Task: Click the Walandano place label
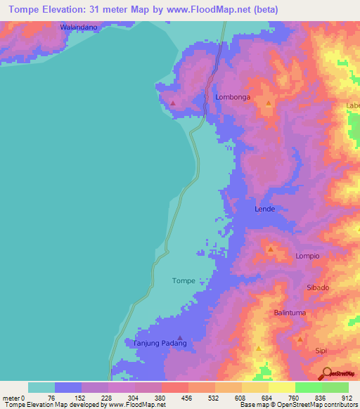[x=77, y=27]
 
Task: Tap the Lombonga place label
[x=232, y=98]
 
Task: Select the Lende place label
[x=264, y=209]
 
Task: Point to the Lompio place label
[x=307, y=256]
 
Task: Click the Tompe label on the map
[x=183, y=280]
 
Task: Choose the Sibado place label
[x=318, y=287]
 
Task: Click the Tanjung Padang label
[x=160, y=344]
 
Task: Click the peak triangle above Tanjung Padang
[x=180, y=337]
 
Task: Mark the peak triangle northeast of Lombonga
[x=268, y=103]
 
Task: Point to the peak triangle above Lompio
[x=270, y=249]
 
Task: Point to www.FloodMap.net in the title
[x=212, y=10]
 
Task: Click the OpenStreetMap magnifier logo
[x=326, y=372]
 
